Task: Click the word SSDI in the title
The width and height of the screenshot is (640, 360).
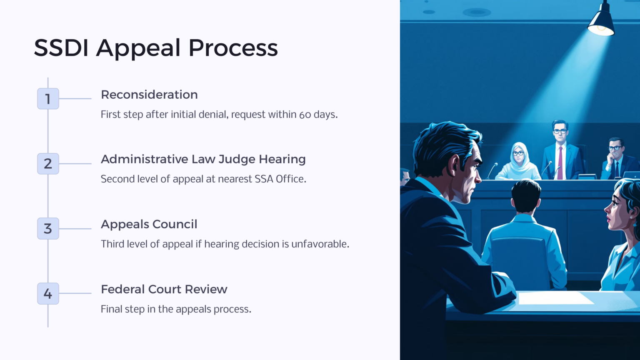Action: coord(61,48)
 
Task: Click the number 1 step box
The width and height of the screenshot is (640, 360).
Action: coord(48,99)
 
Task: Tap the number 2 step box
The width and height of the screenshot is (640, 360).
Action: coord(48,164)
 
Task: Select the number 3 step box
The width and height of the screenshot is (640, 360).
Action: coord(48,229)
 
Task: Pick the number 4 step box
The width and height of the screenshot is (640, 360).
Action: coord(48,293)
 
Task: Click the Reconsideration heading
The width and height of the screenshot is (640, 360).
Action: coord(149,95)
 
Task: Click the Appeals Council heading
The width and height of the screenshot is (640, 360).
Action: coord(149,224)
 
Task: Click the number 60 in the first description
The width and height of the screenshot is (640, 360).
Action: coord(305,115)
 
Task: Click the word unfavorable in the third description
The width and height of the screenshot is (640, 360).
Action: coord(320,244)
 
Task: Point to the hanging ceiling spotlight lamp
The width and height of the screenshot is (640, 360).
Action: coord(601,21)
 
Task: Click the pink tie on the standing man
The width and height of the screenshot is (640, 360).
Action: coord(560,162)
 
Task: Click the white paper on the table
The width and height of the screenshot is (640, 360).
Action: coord(554,298)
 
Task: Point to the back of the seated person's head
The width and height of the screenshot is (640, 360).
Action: coord(525,196)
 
